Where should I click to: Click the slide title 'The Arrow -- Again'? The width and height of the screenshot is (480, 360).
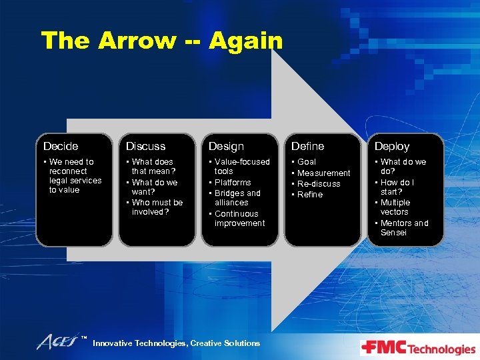(x=162, y=41)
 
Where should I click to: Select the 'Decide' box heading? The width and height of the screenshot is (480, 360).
(x=61, y=146)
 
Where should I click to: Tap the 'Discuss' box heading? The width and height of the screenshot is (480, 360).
(x=146, y=146)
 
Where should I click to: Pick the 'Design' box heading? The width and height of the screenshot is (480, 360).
(x=226, y=146)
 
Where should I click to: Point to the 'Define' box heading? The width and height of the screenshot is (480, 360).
(x=308, y=146)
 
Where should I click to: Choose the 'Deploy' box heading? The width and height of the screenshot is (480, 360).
(x=392, y=146)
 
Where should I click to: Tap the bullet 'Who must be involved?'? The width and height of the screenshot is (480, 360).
(x=157, y=207)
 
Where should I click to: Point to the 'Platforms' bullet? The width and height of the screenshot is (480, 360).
(x=233, y=182)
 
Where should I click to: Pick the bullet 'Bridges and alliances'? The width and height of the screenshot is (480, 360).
(x=237, y=198)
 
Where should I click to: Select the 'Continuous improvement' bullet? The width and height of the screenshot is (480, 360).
(x=239, y=219)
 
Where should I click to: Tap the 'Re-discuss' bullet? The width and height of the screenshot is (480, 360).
(x=319, y=184)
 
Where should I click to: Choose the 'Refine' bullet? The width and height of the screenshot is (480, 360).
(x=310, y=195)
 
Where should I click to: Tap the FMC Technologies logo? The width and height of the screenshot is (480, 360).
(x=418, y=348)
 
